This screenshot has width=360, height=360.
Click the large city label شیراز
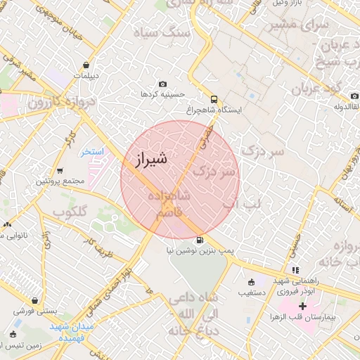pos(148,159)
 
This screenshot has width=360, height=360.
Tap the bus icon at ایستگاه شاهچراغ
pos(214,99)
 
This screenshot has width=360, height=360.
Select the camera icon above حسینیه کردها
pos(163,84)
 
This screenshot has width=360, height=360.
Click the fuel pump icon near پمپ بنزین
pos(202,240)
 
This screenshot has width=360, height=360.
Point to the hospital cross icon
pos(302,306)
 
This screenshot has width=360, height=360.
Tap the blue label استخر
pos(91,151)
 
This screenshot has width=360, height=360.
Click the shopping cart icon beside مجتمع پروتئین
pos(60,170)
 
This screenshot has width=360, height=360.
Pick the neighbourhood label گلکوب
pos(70,212)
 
